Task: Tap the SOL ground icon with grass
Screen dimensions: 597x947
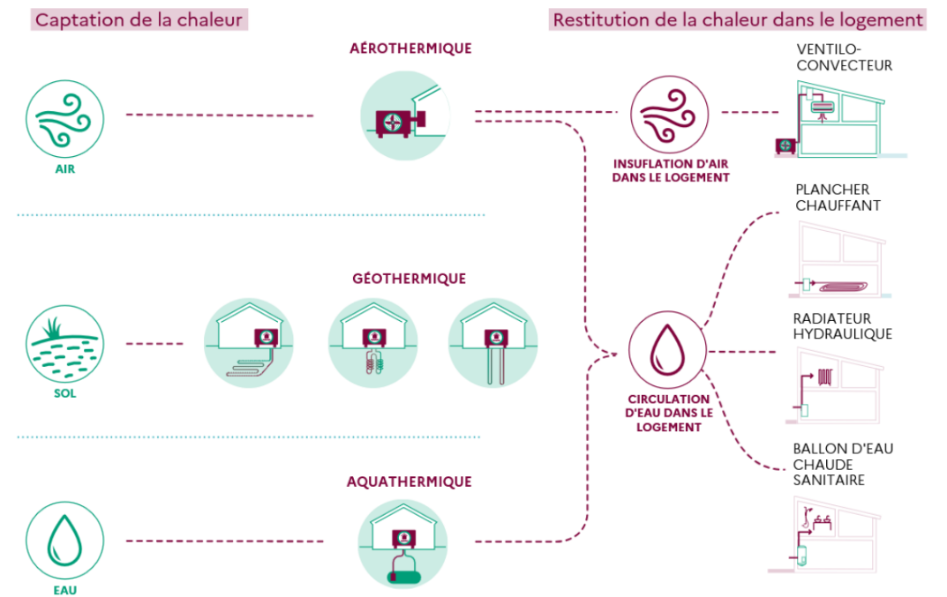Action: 64,343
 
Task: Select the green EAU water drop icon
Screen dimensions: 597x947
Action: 64,540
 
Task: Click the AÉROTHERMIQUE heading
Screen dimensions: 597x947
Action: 410,49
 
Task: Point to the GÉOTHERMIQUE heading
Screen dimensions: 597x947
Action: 409,279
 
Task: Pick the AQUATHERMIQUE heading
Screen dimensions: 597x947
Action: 409,481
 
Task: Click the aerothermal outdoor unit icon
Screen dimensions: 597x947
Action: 405,117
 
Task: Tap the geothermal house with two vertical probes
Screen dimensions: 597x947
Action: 492,343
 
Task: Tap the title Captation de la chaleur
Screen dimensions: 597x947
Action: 139,19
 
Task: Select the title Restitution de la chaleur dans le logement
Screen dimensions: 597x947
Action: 739,19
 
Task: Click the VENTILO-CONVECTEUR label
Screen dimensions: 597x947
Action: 843,56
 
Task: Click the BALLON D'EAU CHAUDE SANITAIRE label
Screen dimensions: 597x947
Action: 842,464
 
